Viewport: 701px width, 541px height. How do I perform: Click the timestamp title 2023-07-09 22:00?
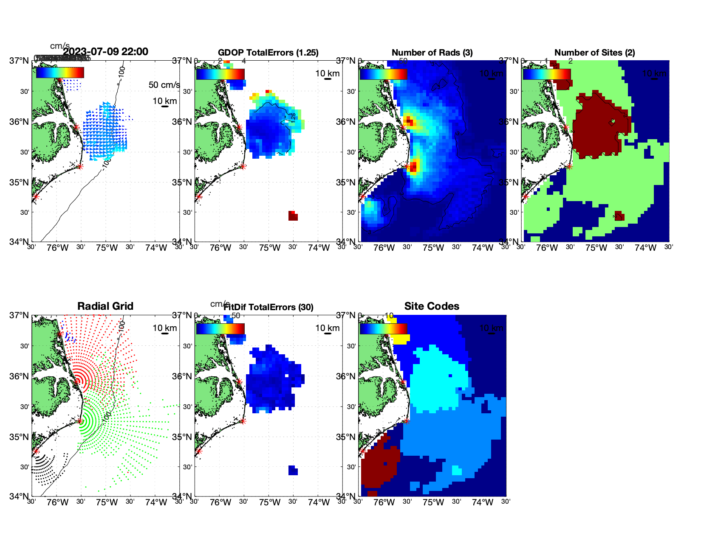105,52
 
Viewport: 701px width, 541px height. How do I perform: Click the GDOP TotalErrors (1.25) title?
268,53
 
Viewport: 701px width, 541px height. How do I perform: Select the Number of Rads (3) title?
432,53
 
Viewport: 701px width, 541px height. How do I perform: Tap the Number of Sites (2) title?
594,53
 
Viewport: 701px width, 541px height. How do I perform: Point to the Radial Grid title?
105,306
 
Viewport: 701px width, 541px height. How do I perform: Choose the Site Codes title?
432,306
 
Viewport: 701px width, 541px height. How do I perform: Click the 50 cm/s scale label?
164,85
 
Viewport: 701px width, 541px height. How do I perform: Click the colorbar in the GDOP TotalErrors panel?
220,74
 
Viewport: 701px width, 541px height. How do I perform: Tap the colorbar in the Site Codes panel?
383,328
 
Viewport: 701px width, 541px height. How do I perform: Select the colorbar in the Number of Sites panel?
546,74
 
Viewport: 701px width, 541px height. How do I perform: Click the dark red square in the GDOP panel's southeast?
293,216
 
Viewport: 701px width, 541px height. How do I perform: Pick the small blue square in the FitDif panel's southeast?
293,470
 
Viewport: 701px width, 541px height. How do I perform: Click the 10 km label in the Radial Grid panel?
164,328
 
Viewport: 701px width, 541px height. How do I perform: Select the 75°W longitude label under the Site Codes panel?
433,502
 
